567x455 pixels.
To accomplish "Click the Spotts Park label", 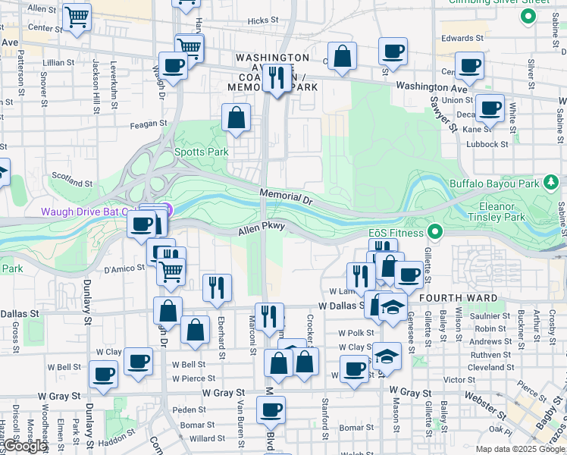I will tap(202, 152).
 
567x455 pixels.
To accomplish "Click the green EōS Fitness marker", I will tap(435, 231).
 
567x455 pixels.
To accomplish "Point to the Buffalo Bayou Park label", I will tap(493, 184).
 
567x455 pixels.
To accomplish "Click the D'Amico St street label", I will tap(124, 268).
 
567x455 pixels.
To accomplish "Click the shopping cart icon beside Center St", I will tap(77, 17).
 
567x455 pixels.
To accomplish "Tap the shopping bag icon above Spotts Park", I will tap(237, 118).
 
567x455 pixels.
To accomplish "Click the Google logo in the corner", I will tap(26, 446).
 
